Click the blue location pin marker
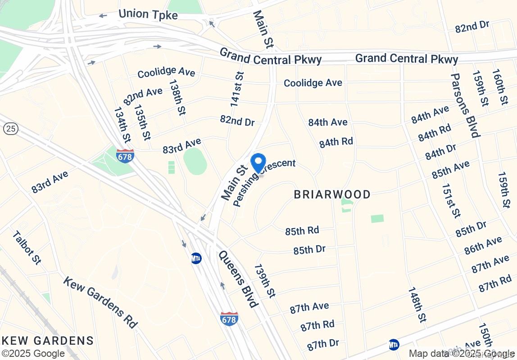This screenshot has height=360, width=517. point(258,163)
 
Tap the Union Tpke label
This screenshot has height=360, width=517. point(148,14)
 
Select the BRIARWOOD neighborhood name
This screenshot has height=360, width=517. point(332,194)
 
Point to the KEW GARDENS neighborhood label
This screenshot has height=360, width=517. point(47,341)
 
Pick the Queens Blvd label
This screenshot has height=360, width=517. point(238,279)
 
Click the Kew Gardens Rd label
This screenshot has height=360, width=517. point(100,302)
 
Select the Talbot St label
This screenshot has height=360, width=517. point(27,247)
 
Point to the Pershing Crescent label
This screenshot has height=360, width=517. point(264,182)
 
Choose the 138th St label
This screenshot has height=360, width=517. point(177,97)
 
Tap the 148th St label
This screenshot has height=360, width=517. point(417,305)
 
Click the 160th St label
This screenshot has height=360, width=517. point(499,87)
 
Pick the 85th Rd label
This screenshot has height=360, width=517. point(302,231)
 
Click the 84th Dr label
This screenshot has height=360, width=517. point(440,152)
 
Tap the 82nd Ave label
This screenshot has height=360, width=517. point(143,95)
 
